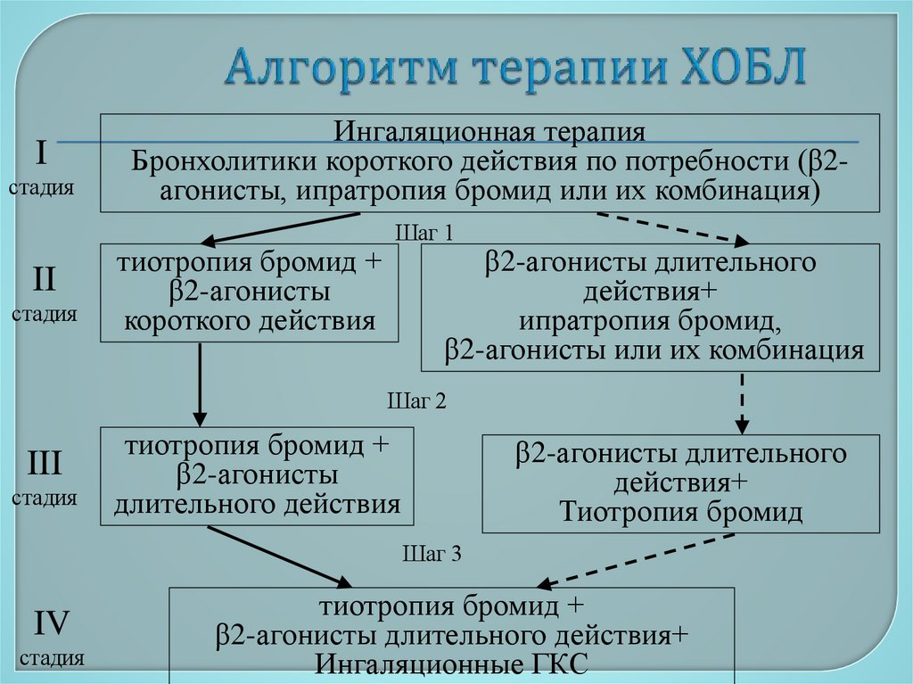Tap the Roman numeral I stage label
pyautogui.click(x=42, y=152)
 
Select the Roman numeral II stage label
pyautogui.click(x=44, y=279)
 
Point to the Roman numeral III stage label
pyautogui.click(x=44, y=463)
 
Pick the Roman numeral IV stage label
pyautogui.click(x=51, y=622)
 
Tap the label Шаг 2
pyautogui.click(x=415, y=400)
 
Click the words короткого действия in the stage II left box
pyautogui.click(x=250, y=320)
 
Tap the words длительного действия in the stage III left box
pyautogui.click(x=257, y=504)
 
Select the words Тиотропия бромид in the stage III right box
pyautogui.click(x=681, y=511)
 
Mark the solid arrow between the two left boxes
pyautogui.click(x=200, y=383)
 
